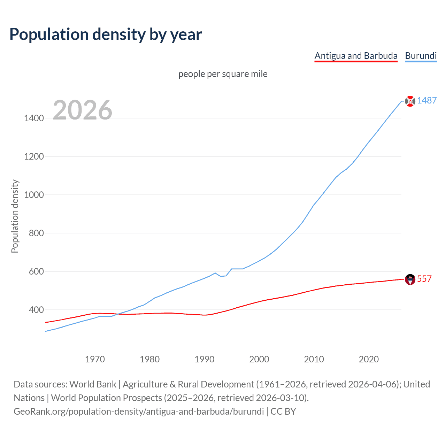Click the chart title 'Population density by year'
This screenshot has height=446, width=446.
coord(106,34)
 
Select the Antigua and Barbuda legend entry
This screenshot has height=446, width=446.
coord(356,56)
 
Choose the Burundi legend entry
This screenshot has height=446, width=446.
coord(421,56)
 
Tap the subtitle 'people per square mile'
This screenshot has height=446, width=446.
coord(223,74)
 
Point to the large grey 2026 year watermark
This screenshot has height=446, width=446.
coord(83,110)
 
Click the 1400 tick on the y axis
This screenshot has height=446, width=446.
coord(34,118)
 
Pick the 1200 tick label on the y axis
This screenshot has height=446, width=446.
coord(34,156)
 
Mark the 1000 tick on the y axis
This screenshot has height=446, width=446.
coord(34,195)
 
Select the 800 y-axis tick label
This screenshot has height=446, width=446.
coord(36,233)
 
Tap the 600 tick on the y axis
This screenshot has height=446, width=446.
coord(36,271)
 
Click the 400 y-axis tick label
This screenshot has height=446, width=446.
coord(36,310)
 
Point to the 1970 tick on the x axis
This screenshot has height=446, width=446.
coord(95,359)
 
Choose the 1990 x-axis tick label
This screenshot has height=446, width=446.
coord(205,359)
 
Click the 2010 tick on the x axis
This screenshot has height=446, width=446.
coord(314,359)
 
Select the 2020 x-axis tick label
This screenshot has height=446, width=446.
coord(369,359)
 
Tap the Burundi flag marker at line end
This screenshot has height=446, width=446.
coord(410,101)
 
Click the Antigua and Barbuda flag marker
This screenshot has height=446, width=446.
coord(410,279)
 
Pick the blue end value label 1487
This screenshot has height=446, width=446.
coord(427,101)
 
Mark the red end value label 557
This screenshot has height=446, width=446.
coord(424,279)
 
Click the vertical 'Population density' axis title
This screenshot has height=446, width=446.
coord(15,216)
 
